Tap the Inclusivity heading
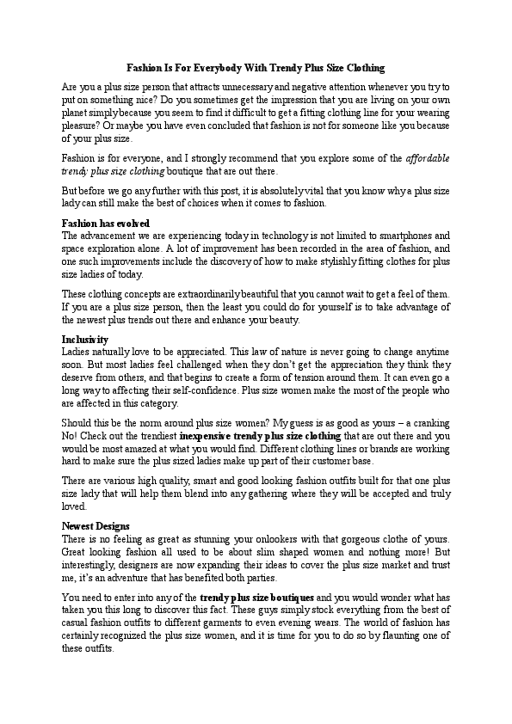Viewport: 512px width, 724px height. pyautogui.click(x=85, y=340)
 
